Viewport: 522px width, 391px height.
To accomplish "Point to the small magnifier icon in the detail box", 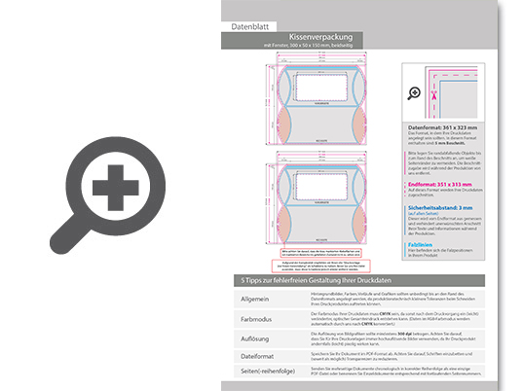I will (414, 93).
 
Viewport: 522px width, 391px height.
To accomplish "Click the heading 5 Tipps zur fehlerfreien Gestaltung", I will (312, 280).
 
